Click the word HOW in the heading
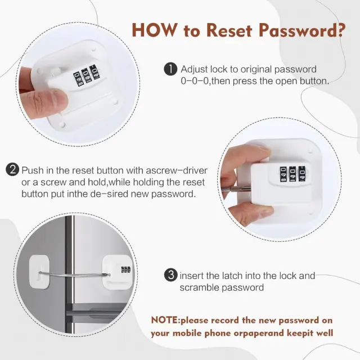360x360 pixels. [155, 30]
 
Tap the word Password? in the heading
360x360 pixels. [302, 30]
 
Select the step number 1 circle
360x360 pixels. [170, 69]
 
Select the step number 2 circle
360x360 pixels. [12, 169]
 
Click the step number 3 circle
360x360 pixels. [171, 275]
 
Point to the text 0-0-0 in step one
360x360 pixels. [195, 81]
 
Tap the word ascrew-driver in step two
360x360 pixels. [177, 170]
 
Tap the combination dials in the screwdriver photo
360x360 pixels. [294, 173]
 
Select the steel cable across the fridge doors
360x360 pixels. [74, 274]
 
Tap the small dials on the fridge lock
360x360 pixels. [126, 269]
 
